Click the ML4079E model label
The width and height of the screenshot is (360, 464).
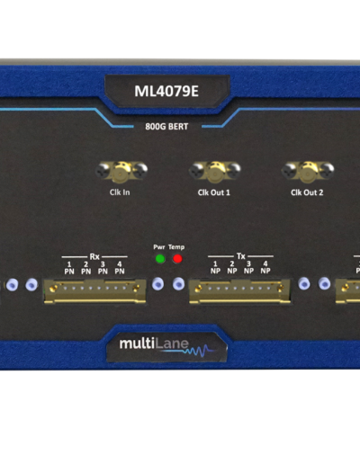[166, 91]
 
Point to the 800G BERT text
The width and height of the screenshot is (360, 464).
[166, 127]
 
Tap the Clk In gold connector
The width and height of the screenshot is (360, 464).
[121, 171]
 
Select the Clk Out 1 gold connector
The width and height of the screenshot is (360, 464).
[215, 171]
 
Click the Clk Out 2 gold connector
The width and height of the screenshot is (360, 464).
[308, 171]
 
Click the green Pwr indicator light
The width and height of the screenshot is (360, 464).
[160, 258]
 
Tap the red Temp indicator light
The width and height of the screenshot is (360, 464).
[177, 258]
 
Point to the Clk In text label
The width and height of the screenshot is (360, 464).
[120, 192]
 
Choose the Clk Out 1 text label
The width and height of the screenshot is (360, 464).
[214, 192]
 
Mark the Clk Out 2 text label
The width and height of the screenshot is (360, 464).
[307, 192]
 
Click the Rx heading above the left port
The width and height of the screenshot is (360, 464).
[94, 256]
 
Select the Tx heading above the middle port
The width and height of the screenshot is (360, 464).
[241, 256]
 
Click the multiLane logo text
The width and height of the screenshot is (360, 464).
[154, 344]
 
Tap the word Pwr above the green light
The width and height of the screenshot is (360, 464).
[159, 247]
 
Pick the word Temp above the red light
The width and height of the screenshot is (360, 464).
[176, 247]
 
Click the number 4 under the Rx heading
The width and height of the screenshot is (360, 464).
[120, 264]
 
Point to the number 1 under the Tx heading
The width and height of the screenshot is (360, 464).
[215, 263]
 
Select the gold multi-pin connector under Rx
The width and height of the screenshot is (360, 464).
[94, 291]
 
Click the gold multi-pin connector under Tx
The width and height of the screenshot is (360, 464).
[240, 291]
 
